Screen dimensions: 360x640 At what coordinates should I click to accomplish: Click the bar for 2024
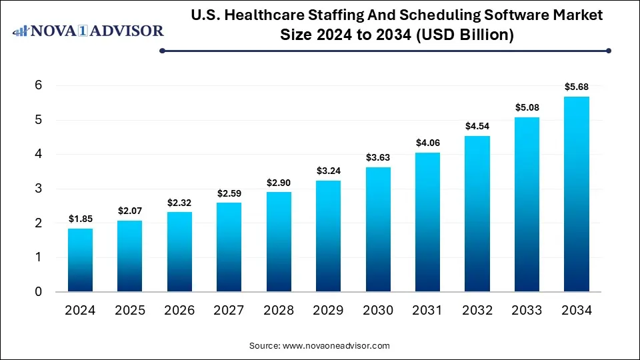pyautogui.click(x=81, y=260)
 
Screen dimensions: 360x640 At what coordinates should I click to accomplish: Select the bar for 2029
pyautogui.click(x=329, y=236)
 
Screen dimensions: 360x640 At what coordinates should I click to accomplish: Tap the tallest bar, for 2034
pyautogui.click(x=576, y=194)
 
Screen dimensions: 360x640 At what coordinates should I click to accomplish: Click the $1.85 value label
pyautogui.click(x=81, y=219)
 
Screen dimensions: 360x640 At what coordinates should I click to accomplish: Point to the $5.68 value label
pyautogui.click(x=576, y=87)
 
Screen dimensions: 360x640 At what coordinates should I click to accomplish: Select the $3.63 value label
pyautogui.click(x=378, y=157)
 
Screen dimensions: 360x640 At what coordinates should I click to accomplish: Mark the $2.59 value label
pyautogui.click(x=229, y=193)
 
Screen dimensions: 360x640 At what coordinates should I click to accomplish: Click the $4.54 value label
pyautogui.click(x=477, y=126)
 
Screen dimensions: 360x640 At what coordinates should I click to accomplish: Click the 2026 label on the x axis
pyautogui.click(x=180, y=310)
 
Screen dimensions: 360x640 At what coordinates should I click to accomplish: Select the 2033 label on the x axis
pyautogui.click(x=527, y=310)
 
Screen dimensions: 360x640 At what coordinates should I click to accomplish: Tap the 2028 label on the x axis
pyautogui.click(x=279, y=310)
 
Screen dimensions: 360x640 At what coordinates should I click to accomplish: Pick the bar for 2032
pyautogui.click(x=477, y=214)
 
